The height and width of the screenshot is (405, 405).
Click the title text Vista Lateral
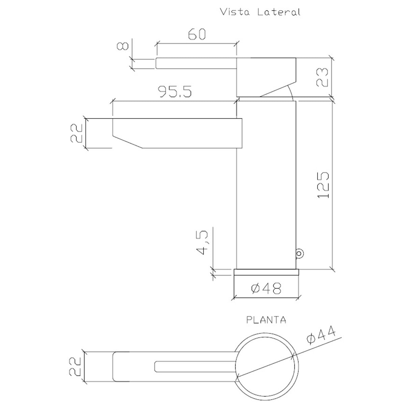tap(260, 12)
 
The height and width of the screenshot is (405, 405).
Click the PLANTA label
tap(266, 320)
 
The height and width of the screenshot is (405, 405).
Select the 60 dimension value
tap(197, 34)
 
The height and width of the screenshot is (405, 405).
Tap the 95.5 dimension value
tap(175, 91)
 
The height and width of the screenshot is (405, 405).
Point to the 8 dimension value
tap(123, 46)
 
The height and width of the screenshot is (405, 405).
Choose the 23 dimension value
tap(322, 77)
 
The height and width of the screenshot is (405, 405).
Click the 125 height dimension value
tap(323, 185)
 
